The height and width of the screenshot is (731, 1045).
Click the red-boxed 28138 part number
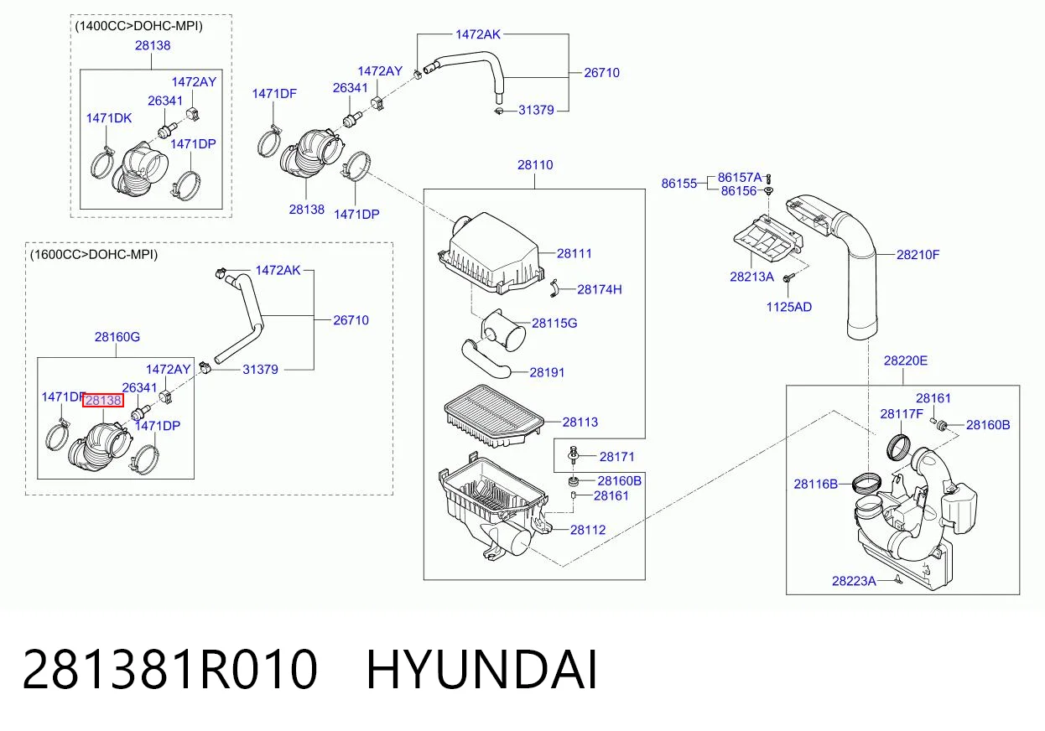coord(103,401)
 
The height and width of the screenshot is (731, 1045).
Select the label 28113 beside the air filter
coord(580,422)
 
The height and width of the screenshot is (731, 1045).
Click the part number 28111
coord(574,254)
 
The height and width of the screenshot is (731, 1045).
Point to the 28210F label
coord(918,255)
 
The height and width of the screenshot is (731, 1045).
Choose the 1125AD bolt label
coord(789,307)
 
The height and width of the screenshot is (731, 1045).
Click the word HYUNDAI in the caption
coord(481,670)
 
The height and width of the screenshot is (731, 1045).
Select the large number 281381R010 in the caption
coord(169,670)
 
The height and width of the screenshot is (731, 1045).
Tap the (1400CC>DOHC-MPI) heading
coord(139,26)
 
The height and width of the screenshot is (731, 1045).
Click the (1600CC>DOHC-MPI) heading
coord(94,255)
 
